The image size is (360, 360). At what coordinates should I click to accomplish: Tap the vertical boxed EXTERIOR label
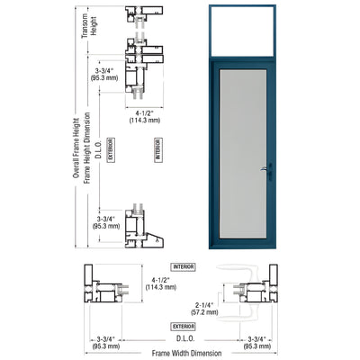tap(110, 148)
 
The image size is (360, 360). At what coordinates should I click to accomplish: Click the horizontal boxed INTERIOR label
tap(184, 266)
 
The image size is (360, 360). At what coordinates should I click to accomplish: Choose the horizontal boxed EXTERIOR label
tap(184, 326)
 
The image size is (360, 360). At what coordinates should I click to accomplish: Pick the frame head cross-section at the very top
tap(138, 13)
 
